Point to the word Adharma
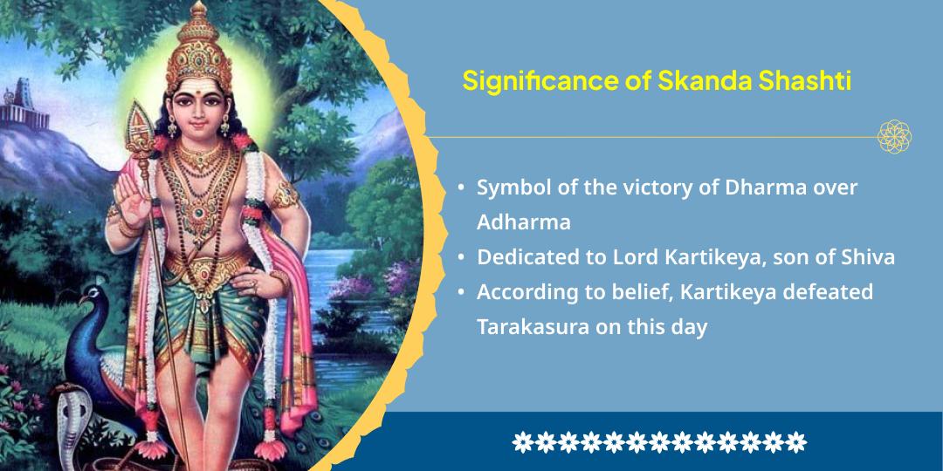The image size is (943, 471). (x=523, y=222)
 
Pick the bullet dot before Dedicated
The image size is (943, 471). (x=460, y=258)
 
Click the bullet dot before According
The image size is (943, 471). (x=460, y=293)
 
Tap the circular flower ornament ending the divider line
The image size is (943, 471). (x=895, y=137)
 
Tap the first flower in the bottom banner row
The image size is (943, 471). (x=522, y=441)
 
